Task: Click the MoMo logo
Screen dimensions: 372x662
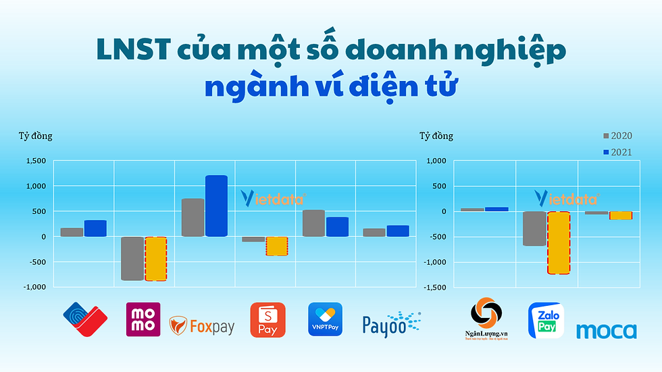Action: click(143, 319)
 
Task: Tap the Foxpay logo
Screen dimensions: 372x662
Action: click(202, 326)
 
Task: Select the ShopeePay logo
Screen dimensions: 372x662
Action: click(268, 319)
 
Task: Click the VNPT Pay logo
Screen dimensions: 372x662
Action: click(325, 319)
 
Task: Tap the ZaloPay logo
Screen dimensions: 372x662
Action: click(546, 320)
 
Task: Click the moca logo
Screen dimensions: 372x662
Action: click(606, 331)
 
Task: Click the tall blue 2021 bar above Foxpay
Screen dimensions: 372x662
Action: click(216, 206)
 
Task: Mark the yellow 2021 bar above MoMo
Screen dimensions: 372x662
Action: click(155, 259)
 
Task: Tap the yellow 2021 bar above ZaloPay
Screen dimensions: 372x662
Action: click(559, 242)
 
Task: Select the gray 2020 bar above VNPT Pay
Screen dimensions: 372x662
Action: click(313, 223)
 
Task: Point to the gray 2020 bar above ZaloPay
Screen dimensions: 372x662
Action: click(534, 228)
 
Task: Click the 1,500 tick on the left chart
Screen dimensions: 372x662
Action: click(36, 161)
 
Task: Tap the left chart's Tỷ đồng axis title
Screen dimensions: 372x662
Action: click(35, 136)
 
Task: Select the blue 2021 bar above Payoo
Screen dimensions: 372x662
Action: click(398, 231)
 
